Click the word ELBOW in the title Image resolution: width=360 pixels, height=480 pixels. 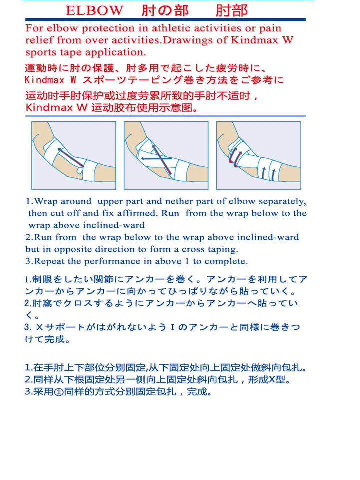pos(94,10)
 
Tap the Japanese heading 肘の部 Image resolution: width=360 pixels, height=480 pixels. pos(165,10)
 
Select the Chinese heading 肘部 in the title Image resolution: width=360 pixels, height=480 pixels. pos(231,10)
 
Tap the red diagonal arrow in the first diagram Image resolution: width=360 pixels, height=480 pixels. pos(70,157)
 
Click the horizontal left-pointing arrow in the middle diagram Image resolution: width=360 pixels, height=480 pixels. pos(156,158)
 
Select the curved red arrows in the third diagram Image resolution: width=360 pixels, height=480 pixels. pos(235,157)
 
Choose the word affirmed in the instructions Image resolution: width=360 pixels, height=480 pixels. pos(138,213)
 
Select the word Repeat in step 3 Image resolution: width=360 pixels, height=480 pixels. pos(49,261)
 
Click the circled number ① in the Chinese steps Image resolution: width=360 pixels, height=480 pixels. pos(59,392)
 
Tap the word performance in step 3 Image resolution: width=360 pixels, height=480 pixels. pos(112,262)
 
